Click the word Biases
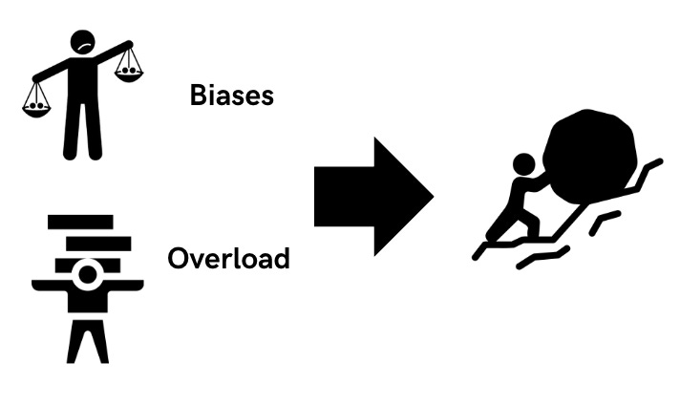point(232,95)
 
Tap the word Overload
point(228,258)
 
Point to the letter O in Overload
point(179,258)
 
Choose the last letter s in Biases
point(266,96)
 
